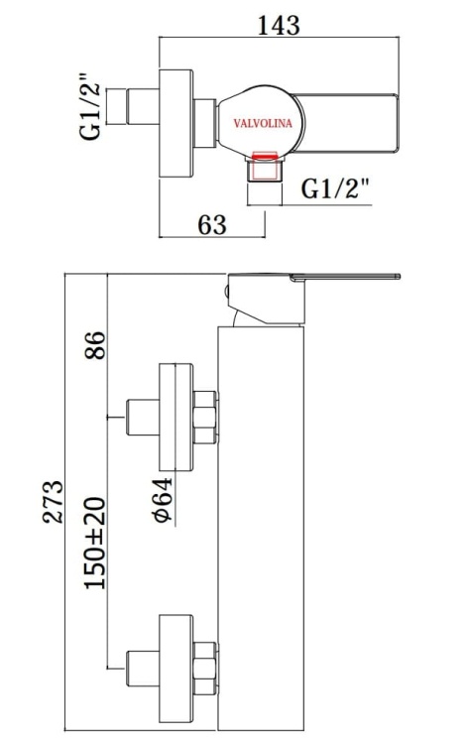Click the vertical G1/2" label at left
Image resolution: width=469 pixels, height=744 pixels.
[92, 106]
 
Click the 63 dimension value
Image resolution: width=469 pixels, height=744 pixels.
[212, 224]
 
